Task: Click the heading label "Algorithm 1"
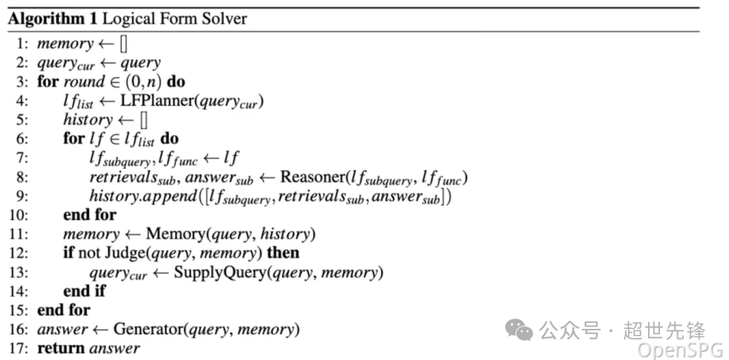[x=53, y=20]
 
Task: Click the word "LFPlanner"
[x=159, y=102]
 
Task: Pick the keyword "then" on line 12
[x=283, y=253]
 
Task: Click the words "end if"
[x=84, y=292]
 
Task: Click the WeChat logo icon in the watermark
[x=519, y=330]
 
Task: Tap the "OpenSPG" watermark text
[x=680, y=349]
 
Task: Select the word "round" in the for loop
[x=84, y=82]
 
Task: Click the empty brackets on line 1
[x=124, y=44]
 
